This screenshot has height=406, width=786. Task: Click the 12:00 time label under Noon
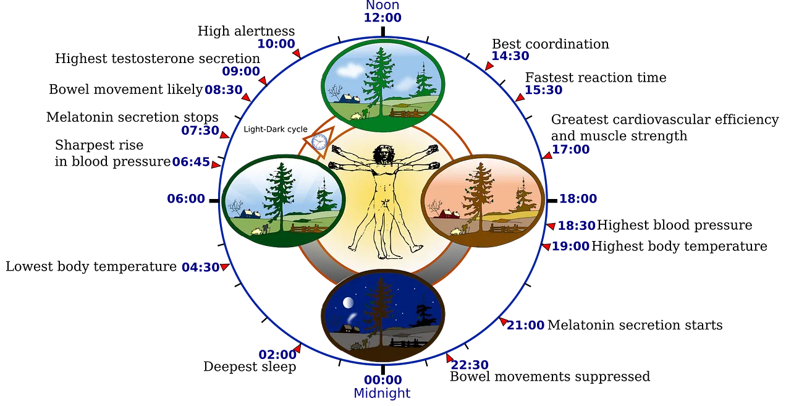tap(382, 18)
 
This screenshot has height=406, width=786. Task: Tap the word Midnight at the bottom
tap(382, 394)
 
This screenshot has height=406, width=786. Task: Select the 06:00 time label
tap(186, 198)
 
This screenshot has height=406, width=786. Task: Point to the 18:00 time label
tap(578, 198)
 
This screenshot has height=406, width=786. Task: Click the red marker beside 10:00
tap(297, 53)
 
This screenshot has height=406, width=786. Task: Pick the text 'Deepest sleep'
tap(250, 366)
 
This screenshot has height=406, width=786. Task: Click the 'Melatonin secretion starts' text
tap(635, 325)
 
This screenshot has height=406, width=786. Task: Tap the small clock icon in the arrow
tap(319, 142)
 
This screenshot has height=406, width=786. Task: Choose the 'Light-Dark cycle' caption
tap(276, 129)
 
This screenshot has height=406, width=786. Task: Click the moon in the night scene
tap(348, 302)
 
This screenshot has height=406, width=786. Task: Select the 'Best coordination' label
tap(551, 44)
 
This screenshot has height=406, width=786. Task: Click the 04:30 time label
tap(200, 268)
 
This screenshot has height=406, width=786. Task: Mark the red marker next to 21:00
tap(503, 321)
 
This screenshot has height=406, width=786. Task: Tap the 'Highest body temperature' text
tap(679, 247)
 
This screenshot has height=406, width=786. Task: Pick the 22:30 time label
tap(470, 365)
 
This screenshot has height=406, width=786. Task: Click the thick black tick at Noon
tap(383, 32)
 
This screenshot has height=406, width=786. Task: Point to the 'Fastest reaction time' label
tap(596, 77)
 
